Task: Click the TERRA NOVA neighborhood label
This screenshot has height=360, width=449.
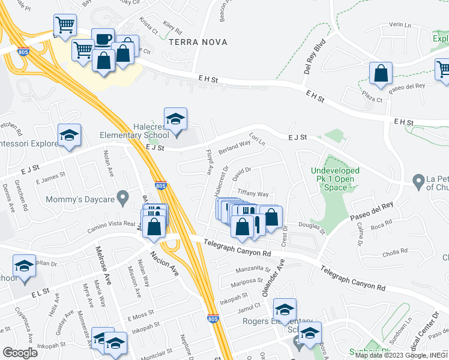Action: pyautogui.click(x=191, y=42)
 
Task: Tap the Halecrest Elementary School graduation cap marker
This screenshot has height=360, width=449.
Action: pyautogui.click(x=175, y=119)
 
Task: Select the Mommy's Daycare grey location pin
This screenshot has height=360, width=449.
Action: pyautogui.click(x=123, y=196)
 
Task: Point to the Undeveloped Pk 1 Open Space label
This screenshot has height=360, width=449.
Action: pyautogui.click(x=335, y=179)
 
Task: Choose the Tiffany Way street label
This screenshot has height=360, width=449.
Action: pyautogui.click(x=253, y=194)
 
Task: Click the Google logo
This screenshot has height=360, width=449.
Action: pyautogui.click(x=20, y=353)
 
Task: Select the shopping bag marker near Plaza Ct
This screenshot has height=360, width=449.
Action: pyautogui.click(x=381, y=74)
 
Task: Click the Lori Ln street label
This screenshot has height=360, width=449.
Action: pyautogui.click(x=257, y=140)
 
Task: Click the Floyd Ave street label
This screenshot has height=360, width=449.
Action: pyautogui.click(x=209, y=162)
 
